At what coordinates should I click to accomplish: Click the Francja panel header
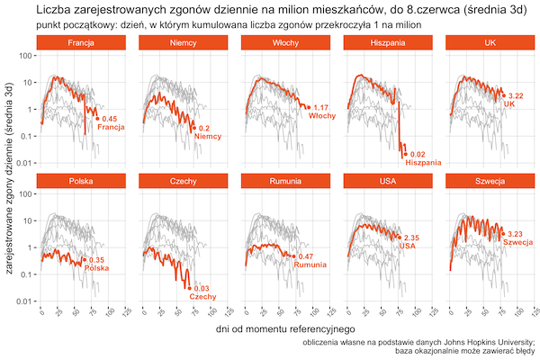[x=79, y=43]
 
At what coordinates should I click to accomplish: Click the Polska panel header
[x=79, y=182]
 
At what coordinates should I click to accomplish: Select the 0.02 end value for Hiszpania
[x=418, y=155]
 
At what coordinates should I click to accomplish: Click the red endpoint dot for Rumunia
[x=293, y=256]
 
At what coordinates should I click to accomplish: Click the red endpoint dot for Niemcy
[x=193, y=128]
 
